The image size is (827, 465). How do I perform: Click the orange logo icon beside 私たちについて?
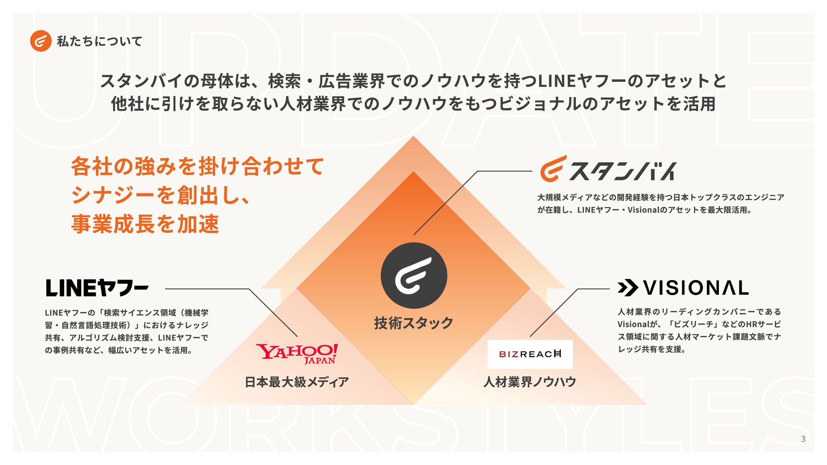pos(40,41)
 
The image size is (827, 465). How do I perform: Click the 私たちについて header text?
pos(99,41)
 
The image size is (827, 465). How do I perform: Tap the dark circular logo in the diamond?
pos(413,276)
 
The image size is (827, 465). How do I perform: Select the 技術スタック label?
pos(413,323)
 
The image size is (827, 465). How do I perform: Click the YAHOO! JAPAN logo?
pos(297,353)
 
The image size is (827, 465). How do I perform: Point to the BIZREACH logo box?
pos(530,354)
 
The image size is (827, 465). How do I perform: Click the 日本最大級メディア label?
pos(297,382)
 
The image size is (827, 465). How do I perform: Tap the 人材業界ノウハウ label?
pos(530,382)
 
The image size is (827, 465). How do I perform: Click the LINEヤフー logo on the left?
pos(97,288)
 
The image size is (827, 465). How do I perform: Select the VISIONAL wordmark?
pos(696,288)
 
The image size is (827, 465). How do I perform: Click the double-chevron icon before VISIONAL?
pos(627,288)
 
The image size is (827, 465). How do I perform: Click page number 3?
pos(803,439)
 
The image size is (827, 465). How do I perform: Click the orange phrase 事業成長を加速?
pos(145,224)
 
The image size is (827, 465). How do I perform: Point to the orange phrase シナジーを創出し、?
pos(160,195)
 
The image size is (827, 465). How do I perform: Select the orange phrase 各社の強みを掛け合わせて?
pos(197,167)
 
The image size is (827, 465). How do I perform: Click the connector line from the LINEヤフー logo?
pos(207,289)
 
